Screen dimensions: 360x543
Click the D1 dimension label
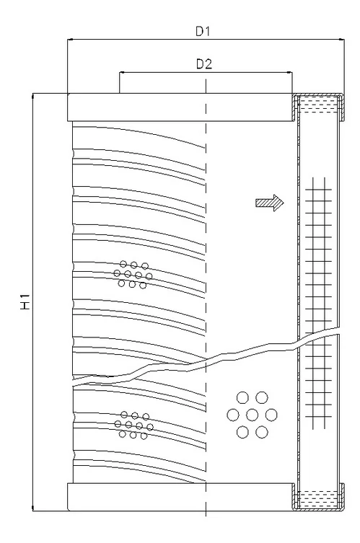tap(203, 32)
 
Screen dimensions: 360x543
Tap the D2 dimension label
tap(204, 64)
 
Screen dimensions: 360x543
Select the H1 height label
tap(25, 301)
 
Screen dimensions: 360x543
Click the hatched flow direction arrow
tap(270, 203)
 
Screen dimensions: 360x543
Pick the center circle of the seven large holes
tap(253, 415)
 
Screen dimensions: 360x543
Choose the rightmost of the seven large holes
tap(271, 415)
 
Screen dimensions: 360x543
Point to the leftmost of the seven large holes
tap(233, 415)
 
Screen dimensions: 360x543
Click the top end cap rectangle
tap(180, 107)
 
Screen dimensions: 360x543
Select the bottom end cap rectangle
tap(180, 497)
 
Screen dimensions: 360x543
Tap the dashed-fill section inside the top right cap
tap(319, 105)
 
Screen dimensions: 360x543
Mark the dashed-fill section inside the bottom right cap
tap(319, 500)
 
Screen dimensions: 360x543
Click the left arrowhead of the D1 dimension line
tap(71, 40)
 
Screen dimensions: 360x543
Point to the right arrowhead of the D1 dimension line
tap(341, 40)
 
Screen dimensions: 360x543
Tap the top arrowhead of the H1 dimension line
tap(33, 97)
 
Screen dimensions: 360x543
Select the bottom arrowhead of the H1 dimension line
tap(33, 508)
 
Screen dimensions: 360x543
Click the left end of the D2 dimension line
tap(120, 73)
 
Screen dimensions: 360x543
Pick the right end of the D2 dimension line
tap(291, 73)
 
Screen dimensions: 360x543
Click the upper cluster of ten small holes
tap(133, 275)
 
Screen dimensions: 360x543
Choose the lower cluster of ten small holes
tap(133, 425)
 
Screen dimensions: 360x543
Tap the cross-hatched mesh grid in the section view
tap(318, 303)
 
